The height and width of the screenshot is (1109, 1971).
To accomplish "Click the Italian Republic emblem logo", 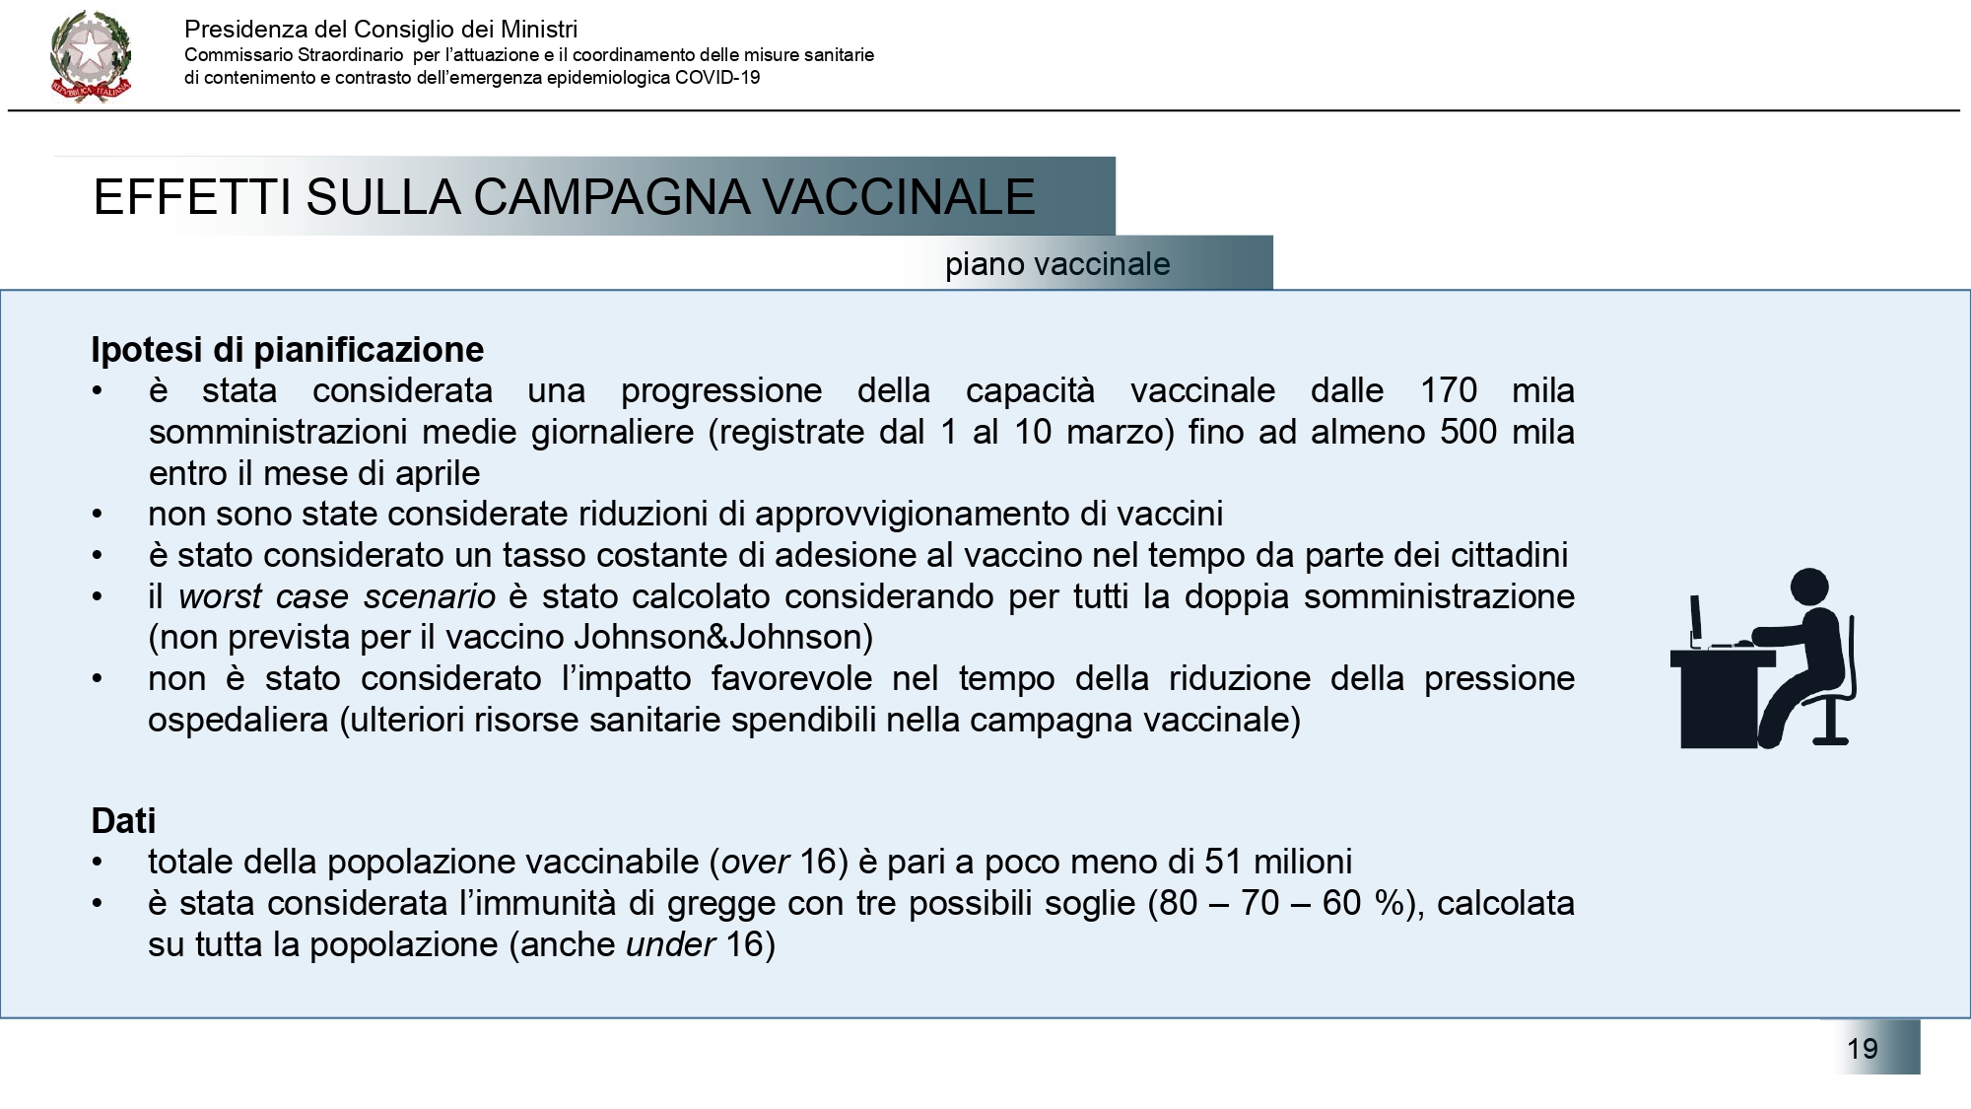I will coord(90,55).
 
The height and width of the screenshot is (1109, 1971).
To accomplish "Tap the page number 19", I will coord(1862,1048).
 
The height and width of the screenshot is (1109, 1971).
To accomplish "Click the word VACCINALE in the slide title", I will coord(898,196).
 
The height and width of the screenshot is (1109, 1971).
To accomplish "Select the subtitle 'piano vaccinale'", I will coord(1057,264).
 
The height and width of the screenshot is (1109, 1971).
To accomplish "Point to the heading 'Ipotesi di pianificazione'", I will coord(287,350).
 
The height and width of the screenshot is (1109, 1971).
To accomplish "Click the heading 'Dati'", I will coord(123,820).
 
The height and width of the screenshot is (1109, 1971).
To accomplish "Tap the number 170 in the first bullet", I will coord(1448,390).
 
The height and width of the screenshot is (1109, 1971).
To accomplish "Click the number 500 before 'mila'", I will coord(1468,432).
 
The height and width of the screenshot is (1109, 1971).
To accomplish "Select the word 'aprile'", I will coord(437,473).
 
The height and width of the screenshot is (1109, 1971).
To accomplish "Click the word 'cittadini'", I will coord(1508,555).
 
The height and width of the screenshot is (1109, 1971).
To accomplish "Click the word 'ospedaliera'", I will coord(238,720).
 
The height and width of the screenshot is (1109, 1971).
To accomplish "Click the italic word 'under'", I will coord(670,944).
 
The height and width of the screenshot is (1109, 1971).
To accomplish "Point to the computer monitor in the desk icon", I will coord(1695,619).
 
